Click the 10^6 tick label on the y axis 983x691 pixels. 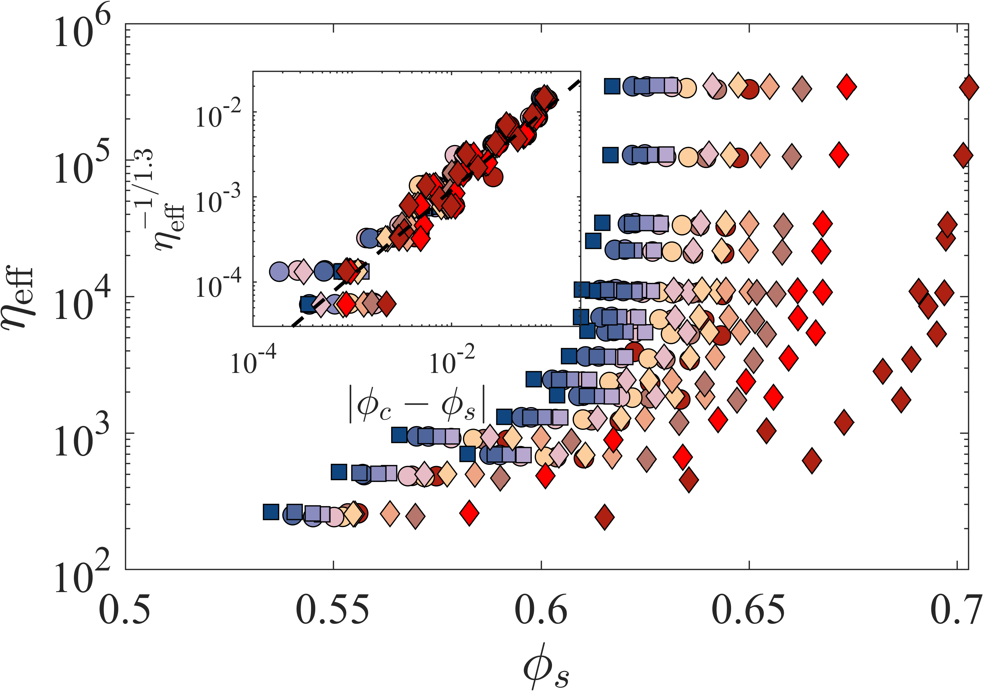click(82, 27)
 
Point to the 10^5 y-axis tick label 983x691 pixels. click(82, 164)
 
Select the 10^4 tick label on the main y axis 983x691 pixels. click(82, 301)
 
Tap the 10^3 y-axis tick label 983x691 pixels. click(82, 437)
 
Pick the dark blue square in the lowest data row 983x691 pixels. click(271, 512)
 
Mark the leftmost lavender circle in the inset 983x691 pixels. click(279, 271)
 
